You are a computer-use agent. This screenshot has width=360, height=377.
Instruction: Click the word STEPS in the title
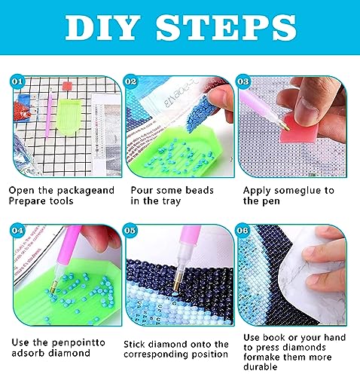point(226,28)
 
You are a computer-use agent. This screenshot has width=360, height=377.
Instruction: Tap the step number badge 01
point(17,81)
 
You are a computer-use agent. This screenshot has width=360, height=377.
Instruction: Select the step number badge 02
point(130,81)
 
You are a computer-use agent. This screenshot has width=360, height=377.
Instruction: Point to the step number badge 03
point(243,81)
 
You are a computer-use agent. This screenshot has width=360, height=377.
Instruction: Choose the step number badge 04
point(17,231)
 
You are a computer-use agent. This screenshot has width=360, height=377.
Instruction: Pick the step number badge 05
point(130,231)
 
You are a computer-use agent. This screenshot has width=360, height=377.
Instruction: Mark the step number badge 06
point(243,231)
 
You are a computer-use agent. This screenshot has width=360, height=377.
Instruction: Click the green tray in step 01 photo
point(69,115)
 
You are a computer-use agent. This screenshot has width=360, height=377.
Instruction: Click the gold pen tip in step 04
point(54,287)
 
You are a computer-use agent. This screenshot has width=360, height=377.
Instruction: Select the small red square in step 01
point(67,86)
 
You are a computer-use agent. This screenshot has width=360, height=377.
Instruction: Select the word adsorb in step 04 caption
point(29,353)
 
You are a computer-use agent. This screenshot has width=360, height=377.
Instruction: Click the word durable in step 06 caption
point(260,366)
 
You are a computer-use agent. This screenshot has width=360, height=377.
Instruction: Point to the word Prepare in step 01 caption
point(27,201)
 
